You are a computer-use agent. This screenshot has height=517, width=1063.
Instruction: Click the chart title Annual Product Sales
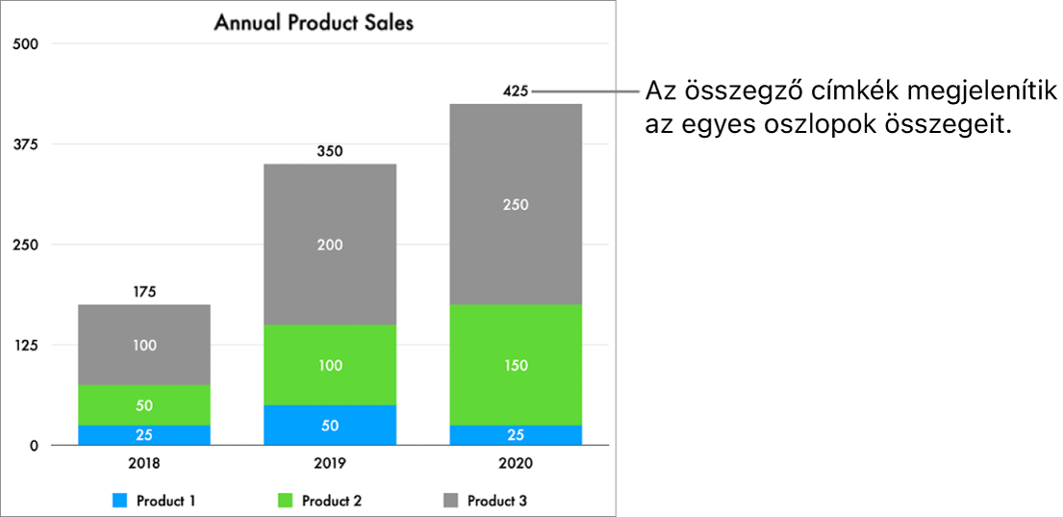314,22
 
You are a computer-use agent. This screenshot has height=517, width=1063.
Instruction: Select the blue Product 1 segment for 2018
144,435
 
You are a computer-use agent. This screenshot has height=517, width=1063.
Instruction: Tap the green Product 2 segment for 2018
144,405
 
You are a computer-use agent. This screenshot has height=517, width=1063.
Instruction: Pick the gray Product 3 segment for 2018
144,345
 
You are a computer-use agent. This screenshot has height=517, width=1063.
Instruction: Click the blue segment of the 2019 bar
330,426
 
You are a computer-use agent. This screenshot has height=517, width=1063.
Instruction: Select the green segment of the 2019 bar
330,365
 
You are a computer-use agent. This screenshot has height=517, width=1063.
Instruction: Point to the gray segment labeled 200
330,245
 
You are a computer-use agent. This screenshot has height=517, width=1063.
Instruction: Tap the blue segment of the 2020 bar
516,435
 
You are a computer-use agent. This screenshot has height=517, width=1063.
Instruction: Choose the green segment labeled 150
516,365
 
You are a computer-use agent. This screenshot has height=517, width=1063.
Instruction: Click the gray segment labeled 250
516,204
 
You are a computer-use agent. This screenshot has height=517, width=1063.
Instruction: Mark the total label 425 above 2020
516,91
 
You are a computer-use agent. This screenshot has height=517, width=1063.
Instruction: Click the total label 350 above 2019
330,151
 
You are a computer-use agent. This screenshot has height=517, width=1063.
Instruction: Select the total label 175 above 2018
144,292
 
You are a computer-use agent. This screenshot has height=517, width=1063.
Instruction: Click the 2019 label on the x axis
330,463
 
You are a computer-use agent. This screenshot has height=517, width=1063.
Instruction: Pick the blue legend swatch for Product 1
120,501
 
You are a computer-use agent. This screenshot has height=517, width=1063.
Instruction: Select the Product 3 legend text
496,501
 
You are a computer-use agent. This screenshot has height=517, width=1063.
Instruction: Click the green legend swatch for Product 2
286,501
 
